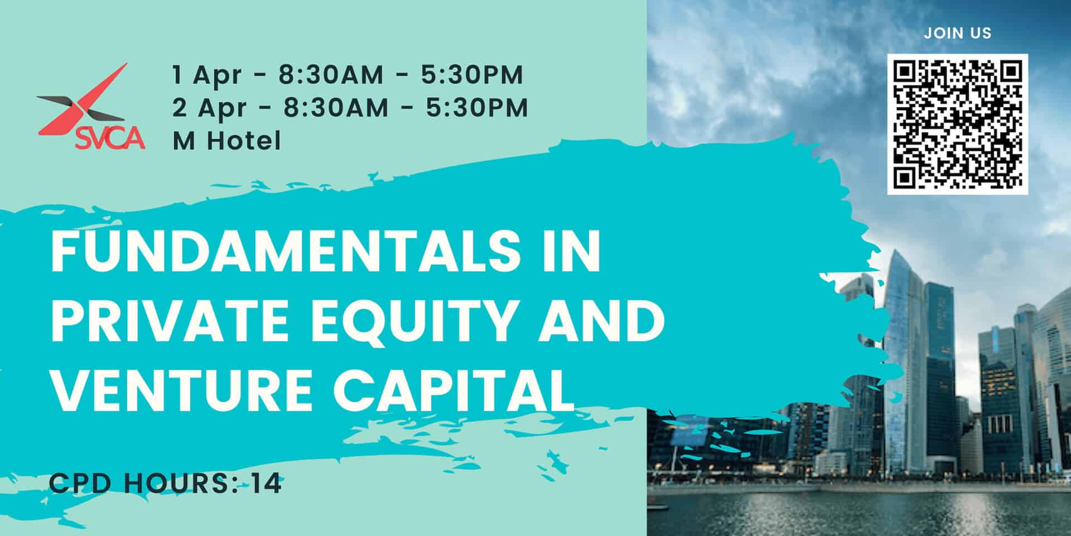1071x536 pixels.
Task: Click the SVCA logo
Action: (91, 109)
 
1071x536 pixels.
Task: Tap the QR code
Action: (957, 124)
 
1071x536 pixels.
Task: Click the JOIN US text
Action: (957, 33)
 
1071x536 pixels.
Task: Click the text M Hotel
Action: (226, 141)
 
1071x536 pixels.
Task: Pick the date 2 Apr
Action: (209, 108)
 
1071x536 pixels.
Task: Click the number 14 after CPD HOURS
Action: (266, 484)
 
